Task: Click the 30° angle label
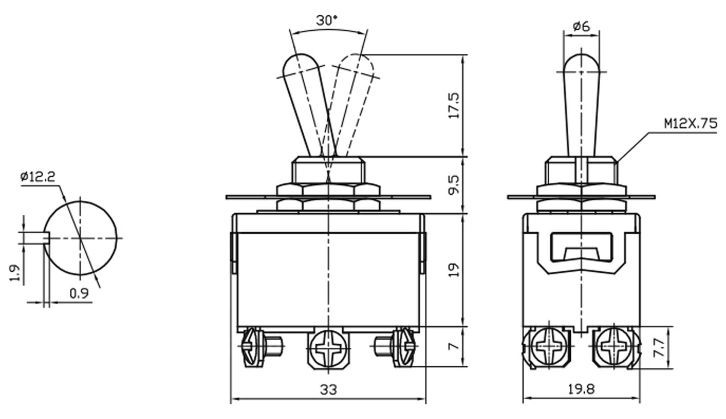(x=327, y=21)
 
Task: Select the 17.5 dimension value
(x=454, y=105)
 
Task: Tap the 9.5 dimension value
(x=454, y=185)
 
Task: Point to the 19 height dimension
(x=454, y=270)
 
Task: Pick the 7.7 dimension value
(x=658, y=347)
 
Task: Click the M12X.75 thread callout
(x=690, y=124)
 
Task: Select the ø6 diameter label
(x=581, y=26)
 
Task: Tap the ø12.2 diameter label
(x=38, y=177)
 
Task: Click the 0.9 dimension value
(x=79, y=294)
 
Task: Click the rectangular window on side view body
(x=581, y=247)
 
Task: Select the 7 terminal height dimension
(x=454, y=347)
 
